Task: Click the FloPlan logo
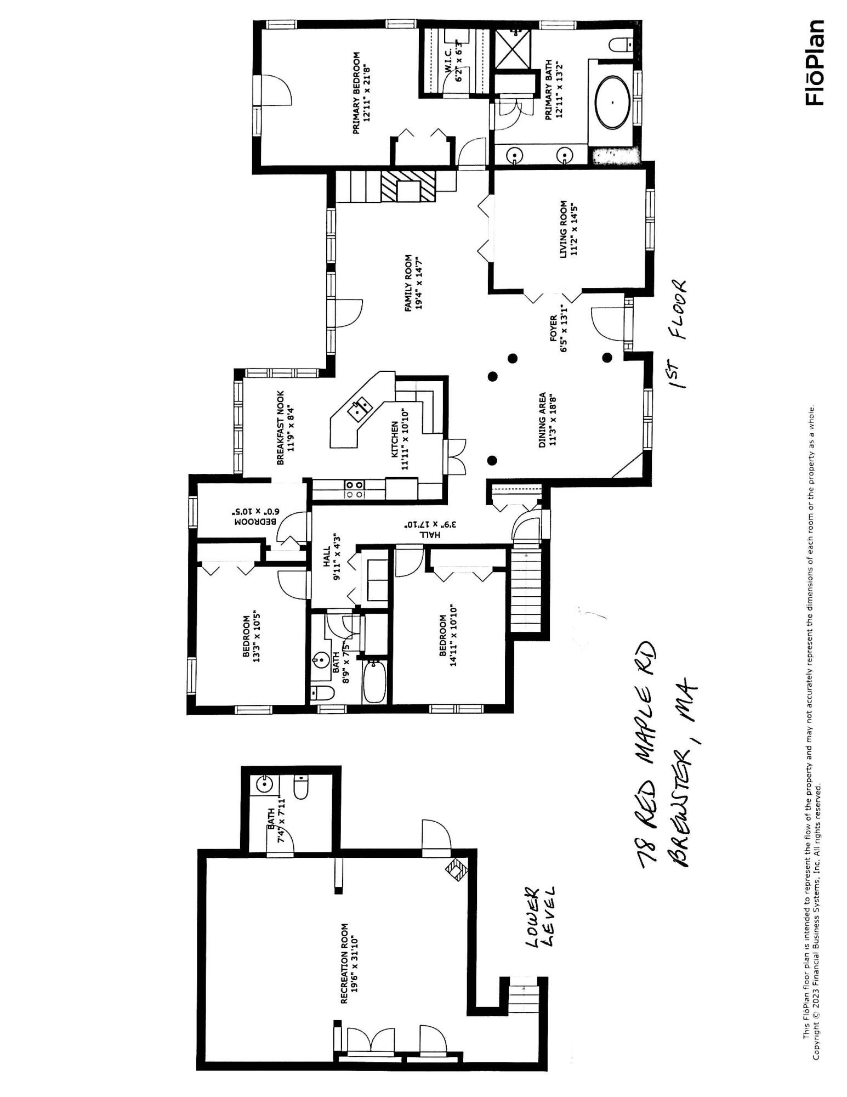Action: pyautogui.click(x=815, y=63)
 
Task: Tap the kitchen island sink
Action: pyautogui.click(x=360, y=408)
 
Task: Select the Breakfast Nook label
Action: pyautogui.click(x=285, y=427)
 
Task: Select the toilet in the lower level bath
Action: pyautogui.click(x=302, y=788)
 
